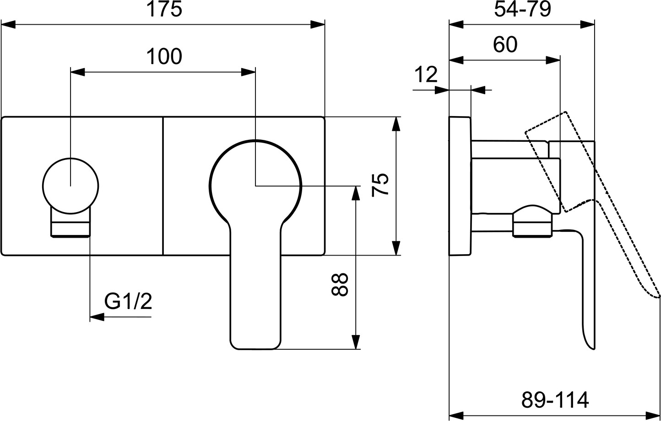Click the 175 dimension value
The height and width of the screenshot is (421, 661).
[x=164, y=10]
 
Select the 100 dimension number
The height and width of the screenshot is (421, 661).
[x=164, y=57]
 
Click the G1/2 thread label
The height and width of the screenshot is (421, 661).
[x=128, y=301]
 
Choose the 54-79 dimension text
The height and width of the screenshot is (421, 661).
[x=522, y=9]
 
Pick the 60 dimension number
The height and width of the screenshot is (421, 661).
[x=505, y=45]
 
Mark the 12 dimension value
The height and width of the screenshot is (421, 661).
[x=426, y=75]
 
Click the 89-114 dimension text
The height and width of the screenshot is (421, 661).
[x=555, y=400]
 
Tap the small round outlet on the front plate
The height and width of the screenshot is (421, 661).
[x=70, y=186]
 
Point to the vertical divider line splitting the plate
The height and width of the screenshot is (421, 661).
[x=163, y=186]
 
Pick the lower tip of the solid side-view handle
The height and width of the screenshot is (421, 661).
[x=591, y=346]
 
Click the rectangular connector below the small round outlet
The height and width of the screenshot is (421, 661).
[x=70, y=227]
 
